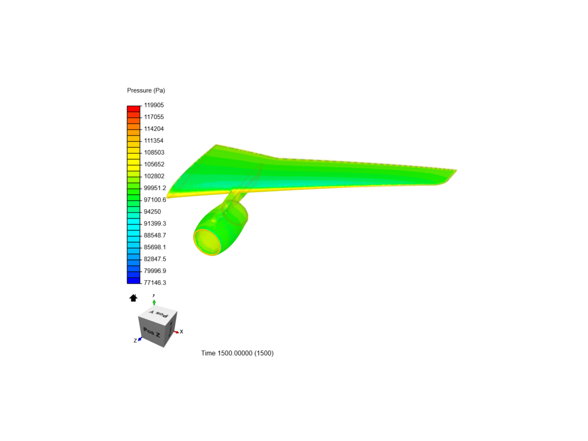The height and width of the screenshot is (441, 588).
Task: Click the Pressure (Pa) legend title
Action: (x=146, y=90)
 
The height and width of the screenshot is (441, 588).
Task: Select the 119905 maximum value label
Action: (x=154, y=105)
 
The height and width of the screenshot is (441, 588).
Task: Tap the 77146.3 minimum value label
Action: (x=155, y=283)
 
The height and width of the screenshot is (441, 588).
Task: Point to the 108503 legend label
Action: (x=154, y=152)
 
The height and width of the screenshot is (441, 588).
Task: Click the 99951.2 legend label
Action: (x=155, y=188)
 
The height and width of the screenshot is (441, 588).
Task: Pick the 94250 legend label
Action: (x=152, y=212)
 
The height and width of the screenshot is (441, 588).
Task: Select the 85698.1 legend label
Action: (x=155, y=247)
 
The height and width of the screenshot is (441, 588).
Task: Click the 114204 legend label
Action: (x=154, y=129)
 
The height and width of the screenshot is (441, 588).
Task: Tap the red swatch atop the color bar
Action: (x=134, y=109)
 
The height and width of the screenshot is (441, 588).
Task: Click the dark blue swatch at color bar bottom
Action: (x=134, y=281)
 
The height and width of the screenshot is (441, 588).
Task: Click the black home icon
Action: (x=133, y=298)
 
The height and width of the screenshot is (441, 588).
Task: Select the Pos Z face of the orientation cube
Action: (x=152, y=333)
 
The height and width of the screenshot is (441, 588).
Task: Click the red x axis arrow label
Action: (x=181, y=332)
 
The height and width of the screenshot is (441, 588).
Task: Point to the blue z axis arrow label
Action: (x=135, y=341)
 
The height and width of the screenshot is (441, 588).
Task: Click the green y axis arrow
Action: (x=154, y=302)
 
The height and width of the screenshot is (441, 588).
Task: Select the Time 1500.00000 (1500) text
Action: (x=237, y=353)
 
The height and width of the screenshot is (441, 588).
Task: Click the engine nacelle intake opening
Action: (x=207, y=241)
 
